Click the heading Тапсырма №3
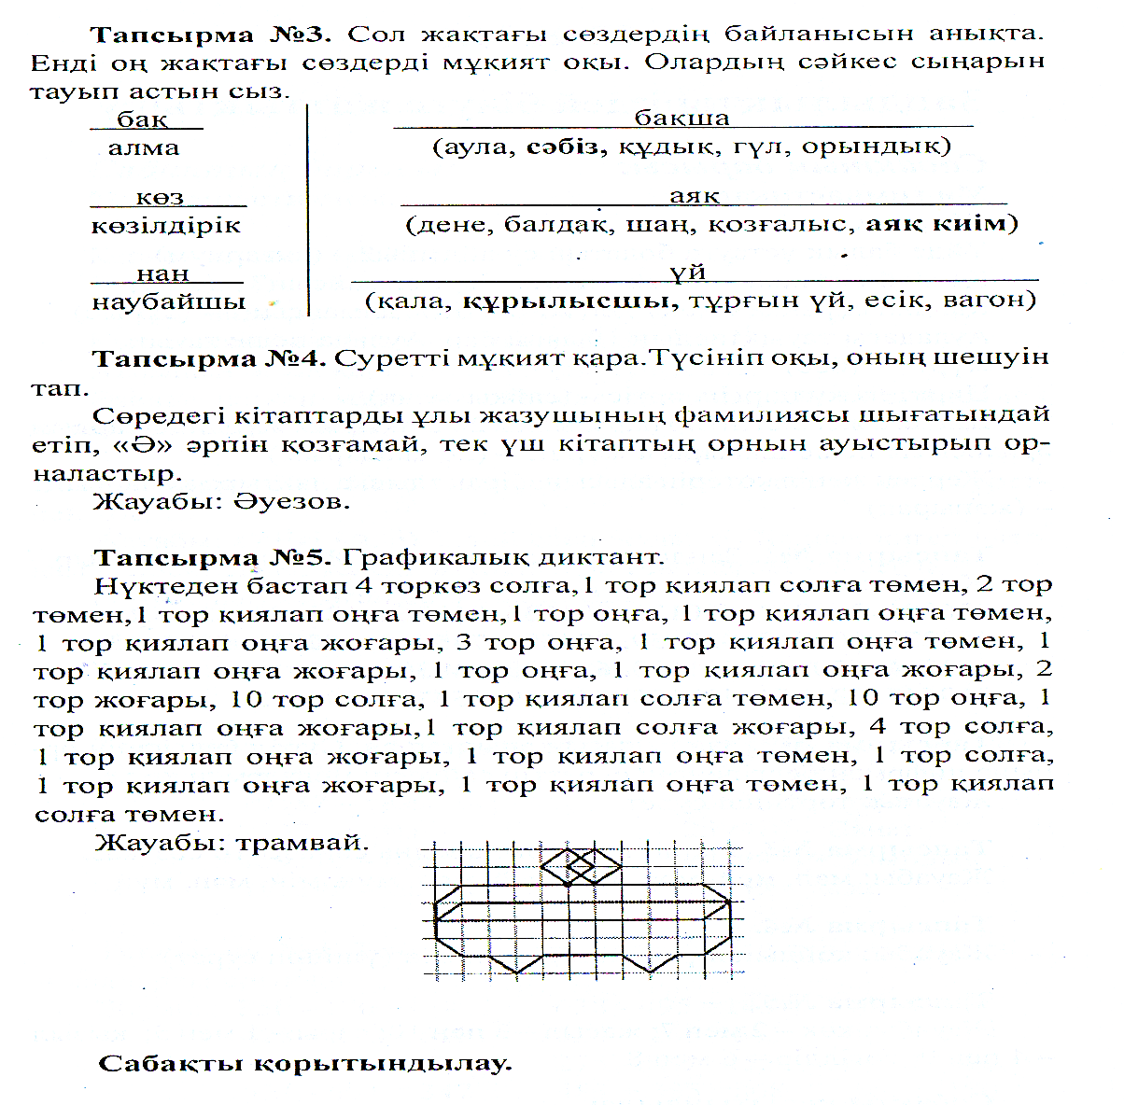pos(211,35)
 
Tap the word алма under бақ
pos(144,147)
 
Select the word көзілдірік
pos(166,226)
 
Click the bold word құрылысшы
pos(571,301)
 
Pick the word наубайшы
pos(168,302)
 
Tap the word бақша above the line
pos(681,119)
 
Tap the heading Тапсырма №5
pos(213,558)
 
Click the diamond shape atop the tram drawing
pos(581,866)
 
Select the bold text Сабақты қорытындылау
pos(305,1064)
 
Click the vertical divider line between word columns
pos(308,210)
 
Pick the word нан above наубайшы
pos(163,274)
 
